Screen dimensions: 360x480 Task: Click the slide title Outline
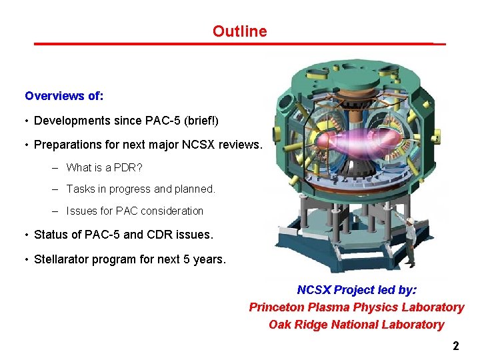[x=239, y=31]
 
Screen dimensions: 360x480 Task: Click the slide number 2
[x=456, y=346]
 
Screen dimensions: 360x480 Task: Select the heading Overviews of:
[x=64, y=96]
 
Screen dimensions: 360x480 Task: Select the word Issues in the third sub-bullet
[x=81, y=211]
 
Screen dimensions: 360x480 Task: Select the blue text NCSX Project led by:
[x=357, y=290]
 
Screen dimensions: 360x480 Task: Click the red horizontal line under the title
[x=239, y=44]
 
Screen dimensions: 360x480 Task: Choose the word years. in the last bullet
[x=211, y=259]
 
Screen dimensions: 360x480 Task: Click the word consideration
[x=172, y=211]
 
